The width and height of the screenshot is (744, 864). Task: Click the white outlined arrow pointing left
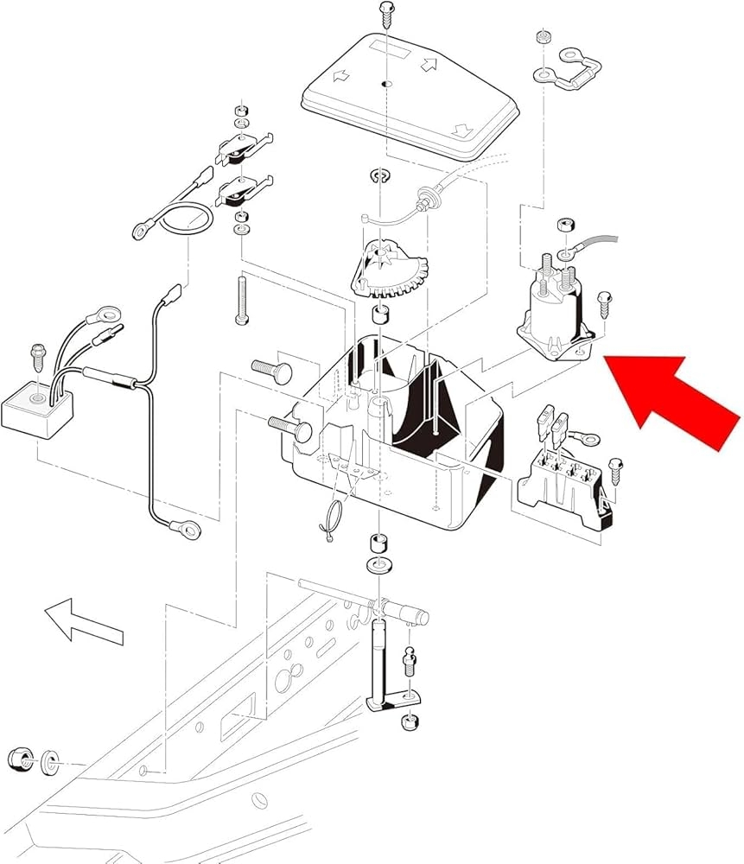[82, 620]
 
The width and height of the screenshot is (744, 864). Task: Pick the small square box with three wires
[40, 406]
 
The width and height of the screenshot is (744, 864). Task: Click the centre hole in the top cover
[385, 84]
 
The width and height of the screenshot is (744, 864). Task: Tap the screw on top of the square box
[38, 356]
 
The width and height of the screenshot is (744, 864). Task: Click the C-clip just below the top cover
[378, 178]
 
